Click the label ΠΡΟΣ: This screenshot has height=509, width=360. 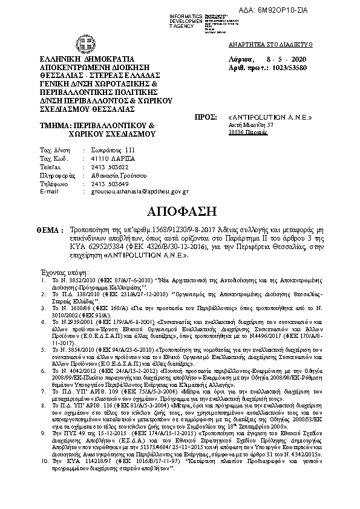(203, 115)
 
